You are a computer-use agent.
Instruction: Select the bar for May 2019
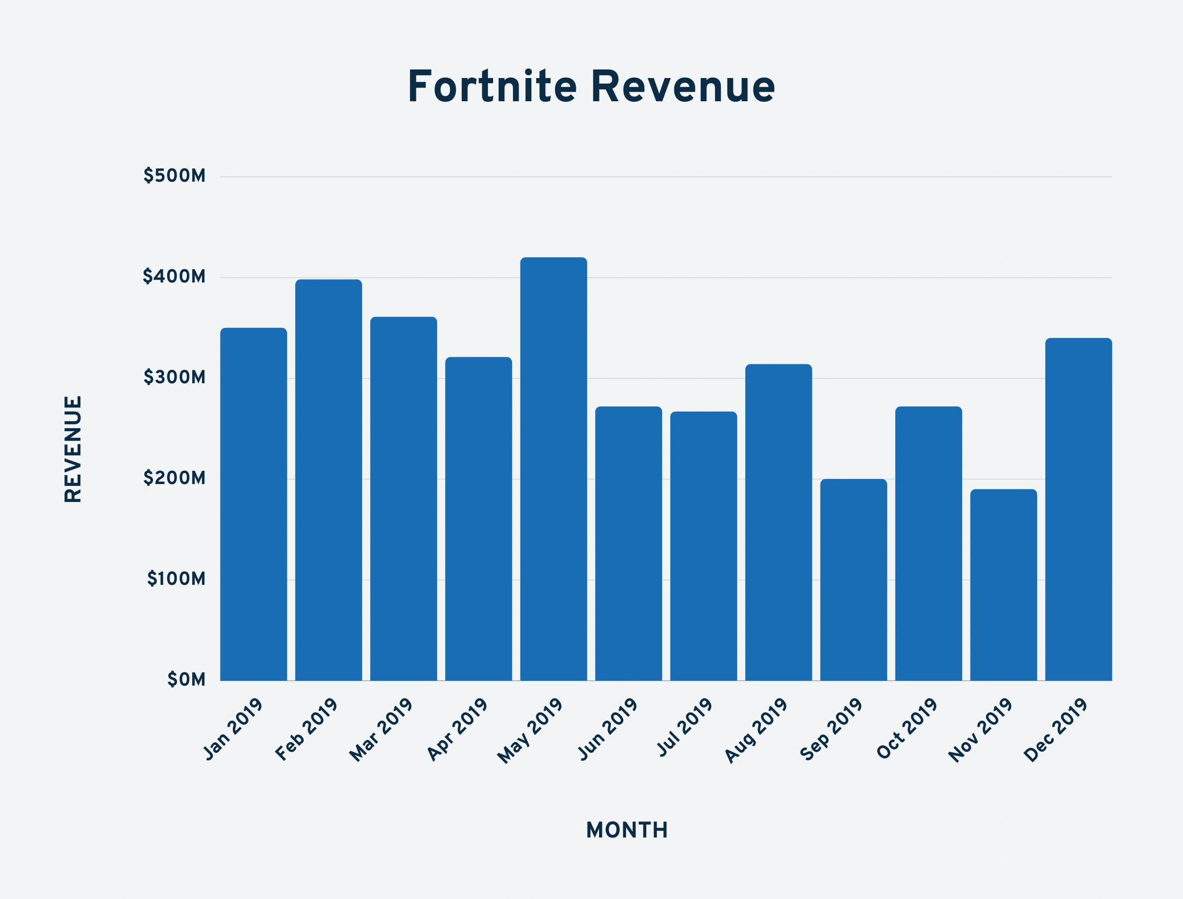553,469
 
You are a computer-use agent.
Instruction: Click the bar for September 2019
853,580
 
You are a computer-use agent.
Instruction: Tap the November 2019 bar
1003,585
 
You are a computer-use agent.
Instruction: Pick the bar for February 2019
328,480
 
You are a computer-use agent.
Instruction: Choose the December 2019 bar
1079,510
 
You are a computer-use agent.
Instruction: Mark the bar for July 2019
704,546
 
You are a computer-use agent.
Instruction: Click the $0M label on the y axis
186,680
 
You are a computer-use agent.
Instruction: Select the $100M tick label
176,579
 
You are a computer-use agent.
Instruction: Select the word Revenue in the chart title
683,87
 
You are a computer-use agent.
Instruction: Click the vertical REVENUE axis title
73,449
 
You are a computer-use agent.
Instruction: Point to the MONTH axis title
627,830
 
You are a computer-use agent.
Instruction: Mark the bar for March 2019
404,499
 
